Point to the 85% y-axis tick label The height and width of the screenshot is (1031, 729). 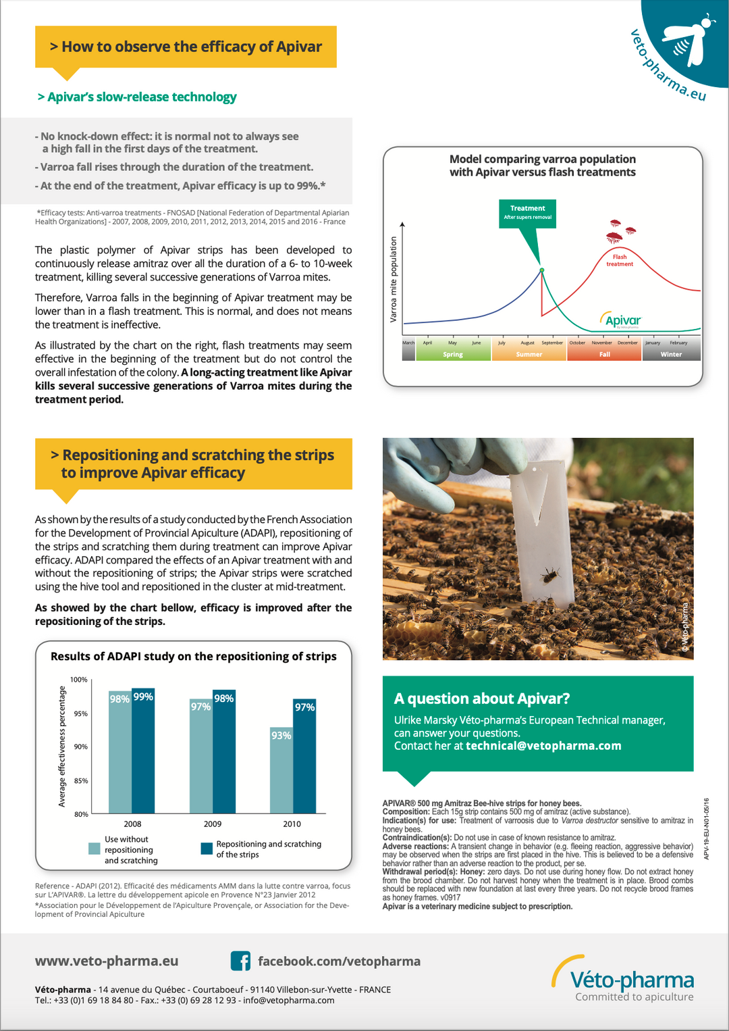(81, 780)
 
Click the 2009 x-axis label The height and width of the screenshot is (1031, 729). (213, 824)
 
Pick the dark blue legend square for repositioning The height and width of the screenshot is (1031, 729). (207, 849)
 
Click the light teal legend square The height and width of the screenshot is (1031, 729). (94, 849)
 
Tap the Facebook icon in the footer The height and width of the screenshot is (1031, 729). (240, 961)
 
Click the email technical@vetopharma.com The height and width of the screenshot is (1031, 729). (543, 746)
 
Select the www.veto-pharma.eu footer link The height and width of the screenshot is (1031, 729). (107, 961)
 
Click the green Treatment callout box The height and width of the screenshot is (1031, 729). (528, 212)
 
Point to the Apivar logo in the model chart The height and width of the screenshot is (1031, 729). (621, 320)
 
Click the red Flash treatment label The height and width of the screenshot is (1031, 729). (620, 260)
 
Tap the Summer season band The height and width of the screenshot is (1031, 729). (529, 354)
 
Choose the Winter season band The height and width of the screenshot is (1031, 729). (671, 354)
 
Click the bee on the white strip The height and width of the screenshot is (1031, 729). (551, 575)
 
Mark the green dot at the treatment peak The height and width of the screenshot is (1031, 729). (541, 270)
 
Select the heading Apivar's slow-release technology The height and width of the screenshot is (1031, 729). (137, 97)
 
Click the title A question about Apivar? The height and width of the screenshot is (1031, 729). (482, 699)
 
